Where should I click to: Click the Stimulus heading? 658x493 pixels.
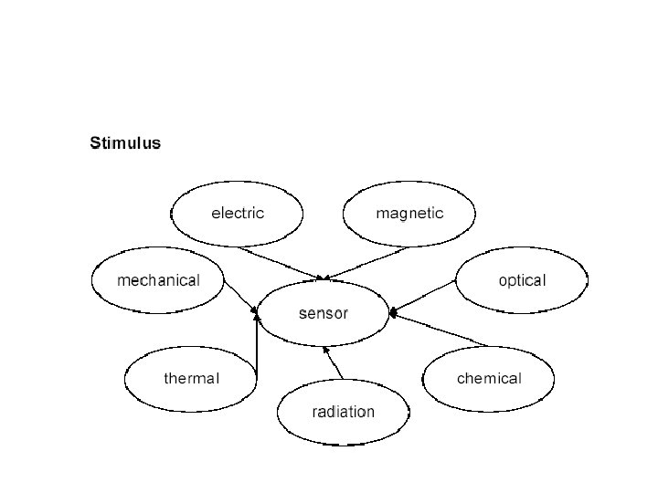point(125,143)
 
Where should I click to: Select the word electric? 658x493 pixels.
point(238,214)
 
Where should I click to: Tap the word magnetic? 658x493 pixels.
point(409,214)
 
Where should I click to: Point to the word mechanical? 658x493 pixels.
point(158,280)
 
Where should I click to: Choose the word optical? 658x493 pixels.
point(522,280)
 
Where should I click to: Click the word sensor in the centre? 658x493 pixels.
point(324,313)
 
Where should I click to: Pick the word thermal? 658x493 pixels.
point(191,378)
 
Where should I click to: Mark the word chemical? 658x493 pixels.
point(489,378)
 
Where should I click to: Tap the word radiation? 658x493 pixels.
point(343,412)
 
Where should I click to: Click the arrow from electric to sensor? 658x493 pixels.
point(279,263)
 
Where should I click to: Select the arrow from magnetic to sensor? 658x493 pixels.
point(366,263)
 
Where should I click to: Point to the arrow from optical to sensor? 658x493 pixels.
point(422,298)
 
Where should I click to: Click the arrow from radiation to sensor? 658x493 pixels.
point(334,362)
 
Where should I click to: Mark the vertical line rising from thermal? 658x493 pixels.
point(257,351)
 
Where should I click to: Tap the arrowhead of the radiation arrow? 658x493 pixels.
point(326,348)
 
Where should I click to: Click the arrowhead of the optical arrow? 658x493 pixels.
point(393,312)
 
